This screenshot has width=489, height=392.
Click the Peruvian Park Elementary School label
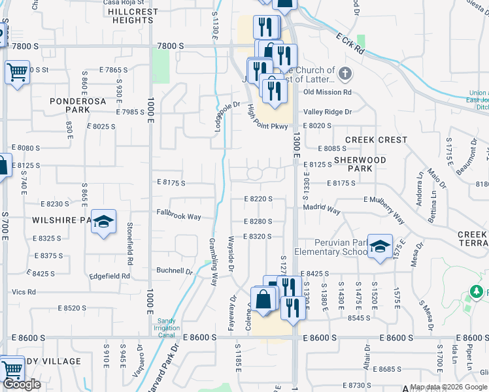coord(331,247)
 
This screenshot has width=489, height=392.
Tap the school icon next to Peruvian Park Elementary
coord(380,246)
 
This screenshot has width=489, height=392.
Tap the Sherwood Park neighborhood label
coord(360,164)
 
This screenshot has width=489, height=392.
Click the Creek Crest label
coord(376,140)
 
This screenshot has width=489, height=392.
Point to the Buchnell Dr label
coord(175,270)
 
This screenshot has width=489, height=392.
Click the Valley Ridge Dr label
coord(327,112)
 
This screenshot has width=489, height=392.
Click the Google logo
coord(22,384)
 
